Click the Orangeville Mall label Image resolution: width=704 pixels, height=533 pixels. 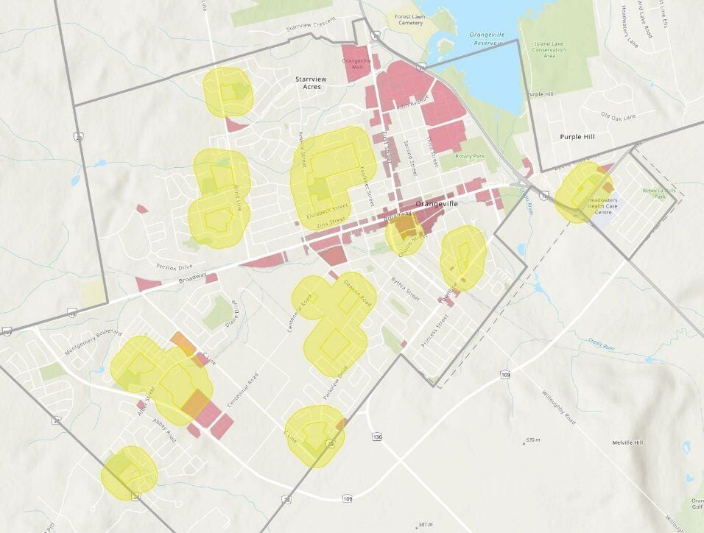pyautogui.click(x=357, y=63)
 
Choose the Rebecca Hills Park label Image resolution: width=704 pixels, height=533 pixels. pyautogui.click(x=653, y=194)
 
